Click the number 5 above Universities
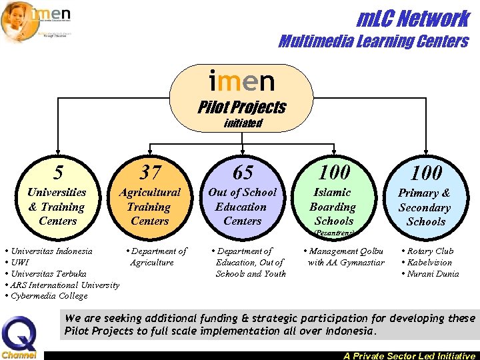point(59,173)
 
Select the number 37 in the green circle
point(150,173)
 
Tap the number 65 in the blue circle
point(242,173)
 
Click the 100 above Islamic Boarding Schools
point(334,173)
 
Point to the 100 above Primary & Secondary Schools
point(426,173)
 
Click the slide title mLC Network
point(413,19)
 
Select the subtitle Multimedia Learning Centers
point(373,42)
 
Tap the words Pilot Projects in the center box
point(242,107)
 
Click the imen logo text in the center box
point(241,81)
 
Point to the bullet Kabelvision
point(429,263)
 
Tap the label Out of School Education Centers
point(242,207)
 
